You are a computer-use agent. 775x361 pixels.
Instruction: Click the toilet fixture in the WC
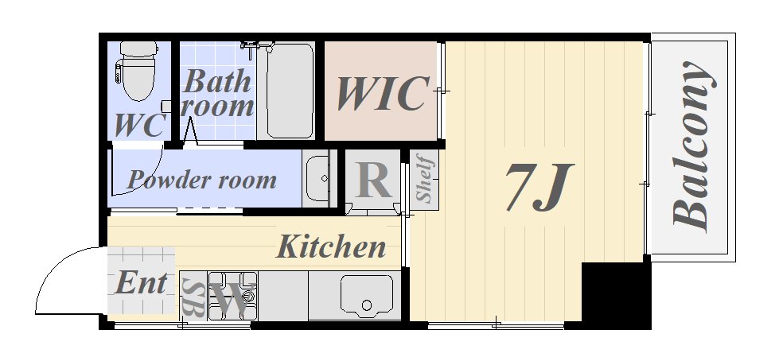pos(138,71)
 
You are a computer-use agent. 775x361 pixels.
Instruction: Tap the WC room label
pos(139,125)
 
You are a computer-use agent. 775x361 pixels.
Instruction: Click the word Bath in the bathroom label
pos(216,81)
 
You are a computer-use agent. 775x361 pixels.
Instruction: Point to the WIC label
pos(383,93)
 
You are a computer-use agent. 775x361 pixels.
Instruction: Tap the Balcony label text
pos(694,146)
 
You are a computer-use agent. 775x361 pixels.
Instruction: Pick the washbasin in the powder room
pos(317,178)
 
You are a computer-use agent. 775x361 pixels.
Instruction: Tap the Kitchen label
pos(331,247)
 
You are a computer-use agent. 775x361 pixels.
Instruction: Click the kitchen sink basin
pos(367,295)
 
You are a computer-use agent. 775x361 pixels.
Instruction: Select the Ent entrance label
pos(140,283)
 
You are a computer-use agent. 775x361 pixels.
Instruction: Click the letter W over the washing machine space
pos(233,298)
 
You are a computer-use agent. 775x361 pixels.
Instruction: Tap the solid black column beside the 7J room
pos(616,295)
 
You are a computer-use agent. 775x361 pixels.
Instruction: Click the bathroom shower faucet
pos(257,45)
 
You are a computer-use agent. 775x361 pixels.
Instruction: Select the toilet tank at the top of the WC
pos(139,49)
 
